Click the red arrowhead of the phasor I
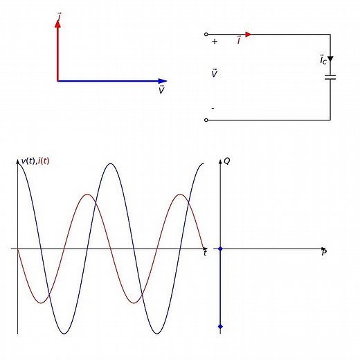(57, 21)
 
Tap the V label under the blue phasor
(161, 90)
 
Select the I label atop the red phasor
(60, 13)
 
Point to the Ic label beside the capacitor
(323, 60)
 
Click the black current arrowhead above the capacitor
(330, 60)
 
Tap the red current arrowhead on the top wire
(249, 34)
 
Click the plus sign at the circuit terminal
(215, 42)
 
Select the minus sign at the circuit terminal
(213, 108)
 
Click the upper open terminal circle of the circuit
(206, 34)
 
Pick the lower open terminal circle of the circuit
(206, 120)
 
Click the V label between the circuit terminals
(214, 73)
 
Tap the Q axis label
(227, 161)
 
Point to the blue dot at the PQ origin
(220, 248)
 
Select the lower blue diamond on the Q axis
(220, 326)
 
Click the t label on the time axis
(205, 253)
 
